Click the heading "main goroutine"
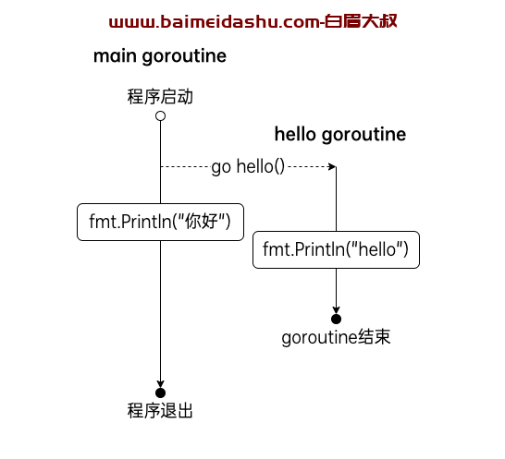pyautogui.click(x=160, y=56)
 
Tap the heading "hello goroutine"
pyautogui.click(x=340, y=135)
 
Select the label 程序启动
pyautogui.click(x=160, y=96)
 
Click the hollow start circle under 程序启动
pyautogui.click(x=160, y=115)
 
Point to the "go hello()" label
pyautogui.click(x=248, y=166)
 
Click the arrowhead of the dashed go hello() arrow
pyautogui.click(x=332, y=166)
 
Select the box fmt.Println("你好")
pyautogui.click(x=160, y=222)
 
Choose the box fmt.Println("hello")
pyautogui.click(x=337, y=249)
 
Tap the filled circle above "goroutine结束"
pyautogui.click(x=337, y=319)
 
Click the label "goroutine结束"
pyautogui.click(x=336, y=337)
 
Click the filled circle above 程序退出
pyautogui.click(x=160, y=393)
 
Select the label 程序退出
pyautogui.click(x=160, y=411)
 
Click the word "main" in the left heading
pyautogui.click(x=115, y=56)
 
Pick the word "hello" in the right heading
pyautogui.click(x=295, y=134)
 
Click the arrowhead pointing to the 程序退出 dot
pyautogui.click(x=160, y=384)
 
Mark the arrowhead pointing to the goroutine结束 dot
pyautogui.click(x=337, y=309)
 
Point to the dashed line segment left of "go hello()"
pyautogui.click(x=186, y=166)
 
